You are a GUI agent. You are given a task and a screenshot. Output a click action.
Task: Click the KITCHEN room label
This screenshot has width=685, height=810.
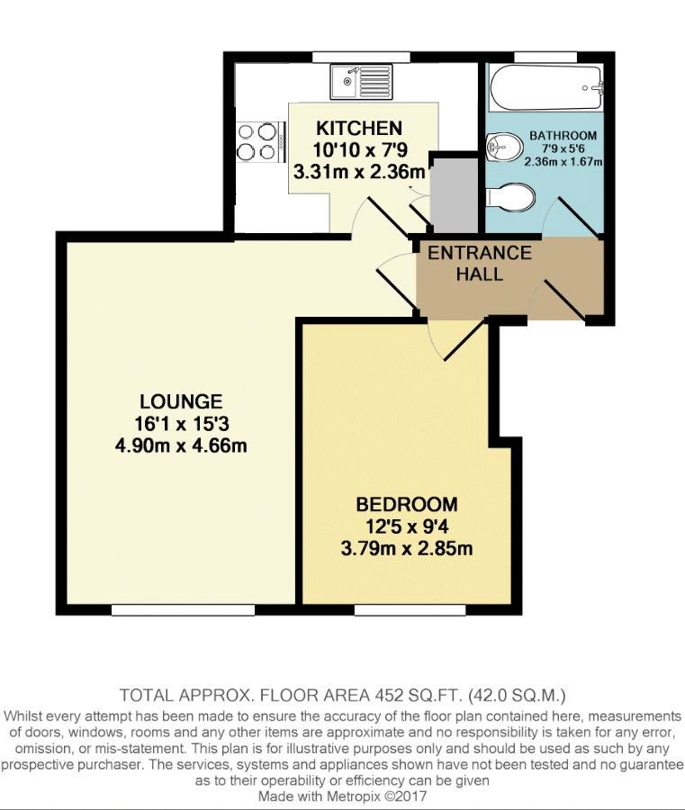tap(358, 128)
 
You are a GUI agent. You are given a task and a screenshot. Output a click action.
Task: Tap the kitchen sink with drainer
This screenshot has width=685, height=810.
tap(361, 82)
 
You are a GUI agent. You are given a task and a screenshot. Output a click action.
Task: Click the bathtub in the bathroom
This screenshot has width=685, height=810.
tap(545, 88)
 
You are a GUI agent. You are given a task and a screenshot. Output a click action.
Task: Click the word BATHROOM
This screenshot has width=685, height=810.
tap(563, 136)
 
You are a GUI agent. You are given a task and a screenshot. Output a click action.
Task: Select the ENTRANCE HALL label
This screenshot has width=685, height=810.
tap(480, 263)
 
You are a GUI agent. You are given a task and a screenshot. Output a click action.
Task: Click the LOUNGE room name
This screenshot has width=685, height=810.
tap(181, 401)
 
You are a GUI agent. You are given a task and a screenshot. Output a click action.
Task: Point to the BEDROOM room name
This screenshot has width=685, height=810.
tap(407, 504)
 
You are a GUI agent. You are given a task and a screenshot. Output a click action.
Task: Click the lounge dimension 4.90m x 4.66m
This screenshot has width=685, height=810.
tap(181, 445)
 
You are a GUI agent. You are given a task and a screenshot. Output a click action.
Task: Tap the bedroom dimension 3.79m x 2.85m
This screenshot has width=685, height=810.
tap(407, 548)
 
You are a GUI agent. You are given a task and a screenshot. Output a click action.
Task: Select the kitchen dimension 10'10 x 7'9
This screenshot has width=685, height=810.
tap(360, 149)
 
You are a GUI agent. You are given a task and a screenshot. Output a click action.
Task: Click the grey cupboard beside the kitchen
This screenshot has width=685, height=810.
tap(455, 195)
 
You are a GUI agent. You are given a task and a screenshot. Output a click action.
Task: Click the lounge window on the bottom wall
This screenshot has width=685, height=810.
tap(184, 610)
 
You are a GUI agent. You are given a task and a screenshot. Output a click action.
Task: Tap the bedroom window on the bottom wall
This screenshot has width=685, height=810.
tap(410, 610)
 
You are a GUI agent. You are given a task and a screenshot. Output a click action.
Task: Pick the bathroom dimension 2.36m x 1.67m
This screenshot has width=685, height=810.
tap(563, 162)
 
